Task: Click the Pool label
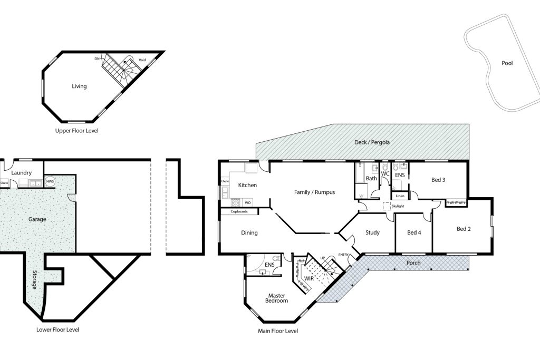tap(507, 63)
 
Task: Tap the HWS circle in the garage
tap(50, 181)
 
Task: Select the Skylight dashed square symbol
tap(387, 206)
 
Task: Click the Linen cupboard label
tap(400, 196)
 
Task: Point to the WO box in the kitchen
tap(248, 202)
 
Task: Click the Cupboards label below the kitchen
tap(239, 211)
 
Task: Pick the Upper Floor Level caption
tap(77, 131)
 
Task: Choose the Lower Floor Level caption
tap(57, 330)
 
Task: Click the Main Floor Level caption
tap(278, 331)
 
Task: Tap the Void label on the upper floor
tap(142, 60)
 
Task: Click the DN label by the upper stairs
tap(97, 59)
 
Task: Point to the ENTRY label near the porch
tap(343, 255)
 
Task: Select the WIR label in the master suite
tap(309, 278)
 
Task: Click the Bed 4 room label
tap(414, 232)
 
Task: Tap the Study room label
tap(372, 232)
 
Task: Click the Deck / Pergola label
tap(372, 142)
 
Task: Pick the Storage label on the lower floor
tap(34, 279)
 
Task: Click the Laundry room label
tap(21, 173)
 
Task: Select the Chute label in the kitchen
tap(225, 181)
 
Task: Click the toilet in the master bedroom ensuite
tap(276, 258)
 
